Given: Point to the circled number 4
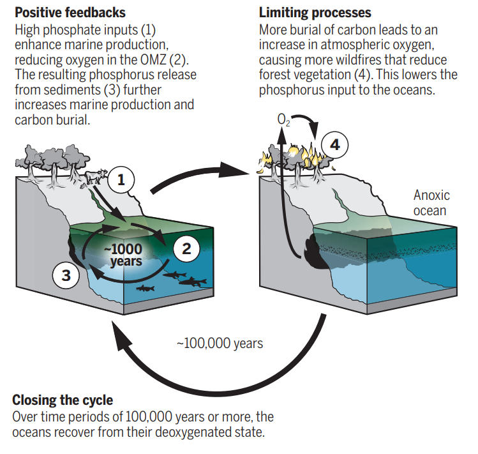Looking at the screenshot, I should point(334,145).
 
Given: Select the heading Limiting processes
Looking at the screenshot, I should point(315,12).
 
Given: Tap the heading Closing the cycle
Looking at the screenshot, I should point(63,400).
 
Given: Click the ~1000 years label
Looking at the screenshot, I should point(125,255).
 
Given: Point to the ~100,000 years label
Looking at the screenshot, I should point(219,343).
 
